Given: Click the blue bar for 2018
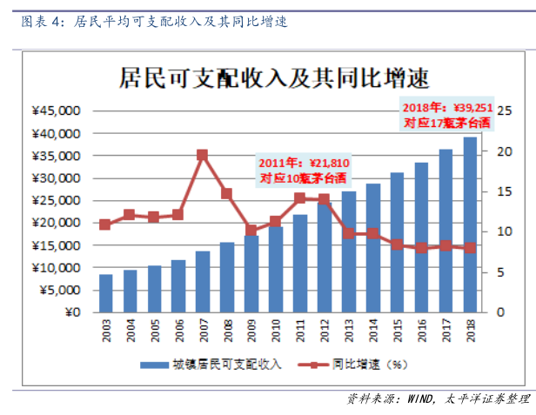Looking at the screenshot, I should pos(470,224).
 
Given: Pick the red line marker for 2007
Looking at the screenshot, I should pos(202,155).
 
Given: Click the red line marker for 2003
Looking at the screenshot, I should pos(105,224).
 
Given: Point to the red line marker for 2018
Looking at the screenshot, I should pos(470,248).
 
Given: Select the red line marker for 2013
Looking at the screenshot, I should pos(348,233).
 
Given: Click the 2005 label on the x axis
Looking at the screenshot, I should pos(154,331).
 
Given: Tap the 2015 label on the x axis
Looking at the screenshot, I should pos(397,331).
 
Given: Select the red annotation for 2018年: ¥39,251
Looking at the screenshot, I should pos(447,114).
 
